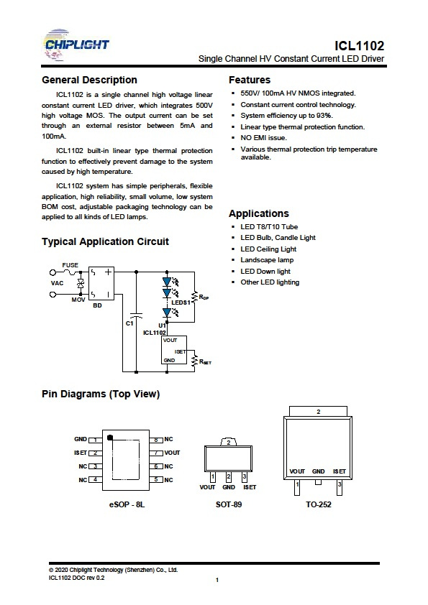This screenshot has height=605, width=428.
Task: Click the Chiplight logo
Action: coord(76,45)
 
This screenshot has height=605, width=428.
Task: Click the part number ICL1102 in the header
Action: coord(359,46)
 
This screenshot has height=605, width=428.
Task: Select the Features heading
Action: coord(250,80)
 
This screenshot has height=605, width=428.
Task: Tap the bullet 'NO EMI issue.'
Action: coord(263,138)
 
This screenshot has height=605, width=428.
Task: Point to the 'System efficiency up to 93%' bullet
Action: coord(286,116)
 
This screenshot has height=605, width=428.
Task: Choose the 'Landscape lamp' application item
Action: coord(267,260)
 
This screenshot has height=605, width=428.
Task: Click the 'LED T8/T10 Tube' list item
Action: coord(269,227)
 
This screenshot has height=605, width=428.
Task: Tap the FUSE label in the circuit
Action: coord(70,265)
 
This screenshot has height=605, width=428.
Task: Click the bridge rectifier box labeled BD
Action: coord(101,283)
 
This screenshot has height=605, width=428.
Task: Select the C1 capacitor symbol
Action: coord(136,315)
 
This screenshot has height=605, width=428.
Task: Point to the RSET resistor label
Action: coord(205,362)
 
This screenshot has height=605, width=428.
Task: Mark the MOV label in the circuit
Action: coord(78,300)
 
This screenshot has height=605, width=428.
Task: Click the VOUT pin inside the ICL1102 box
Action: coord(170,341)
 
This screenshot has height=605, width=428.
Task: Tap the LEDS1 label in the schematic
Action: coord(181,302)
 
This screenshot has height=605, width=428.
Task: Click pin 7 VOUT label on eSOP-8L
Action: coord(172,453)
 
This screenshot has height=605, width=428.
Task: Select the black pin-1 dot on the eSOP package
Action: coord(110,438)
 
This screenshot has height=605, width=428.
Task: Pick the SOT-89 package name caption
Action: coord(229,504)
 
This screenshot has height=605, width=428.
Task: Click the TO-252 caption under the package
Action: coord(318,504)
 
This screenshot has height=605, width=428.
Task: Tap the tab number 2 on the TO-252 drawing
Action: coord(318,412)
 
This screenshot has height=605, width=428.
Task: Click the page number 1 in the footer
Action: coord(217,580)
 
